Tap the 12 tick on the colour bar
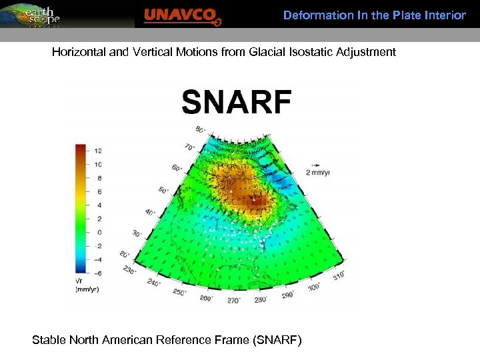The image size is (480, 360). tap(97, 151)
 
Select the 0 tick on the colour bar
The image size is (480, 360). tap(98, 232)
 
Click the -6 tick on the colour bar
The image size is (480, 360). tap(97, 273)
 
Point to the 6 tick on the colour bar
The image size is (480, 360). tap(98, 191)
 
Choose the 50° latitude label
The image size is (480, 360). tap(163, 191)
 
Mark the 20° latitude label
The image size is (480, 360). tap(124, 255)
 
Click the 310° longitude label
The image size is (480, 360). tap(339, 275)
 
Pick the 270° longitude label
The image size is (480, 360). tap(233, 301)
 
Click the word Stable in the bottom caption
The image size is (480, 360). tap(49, 340)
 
